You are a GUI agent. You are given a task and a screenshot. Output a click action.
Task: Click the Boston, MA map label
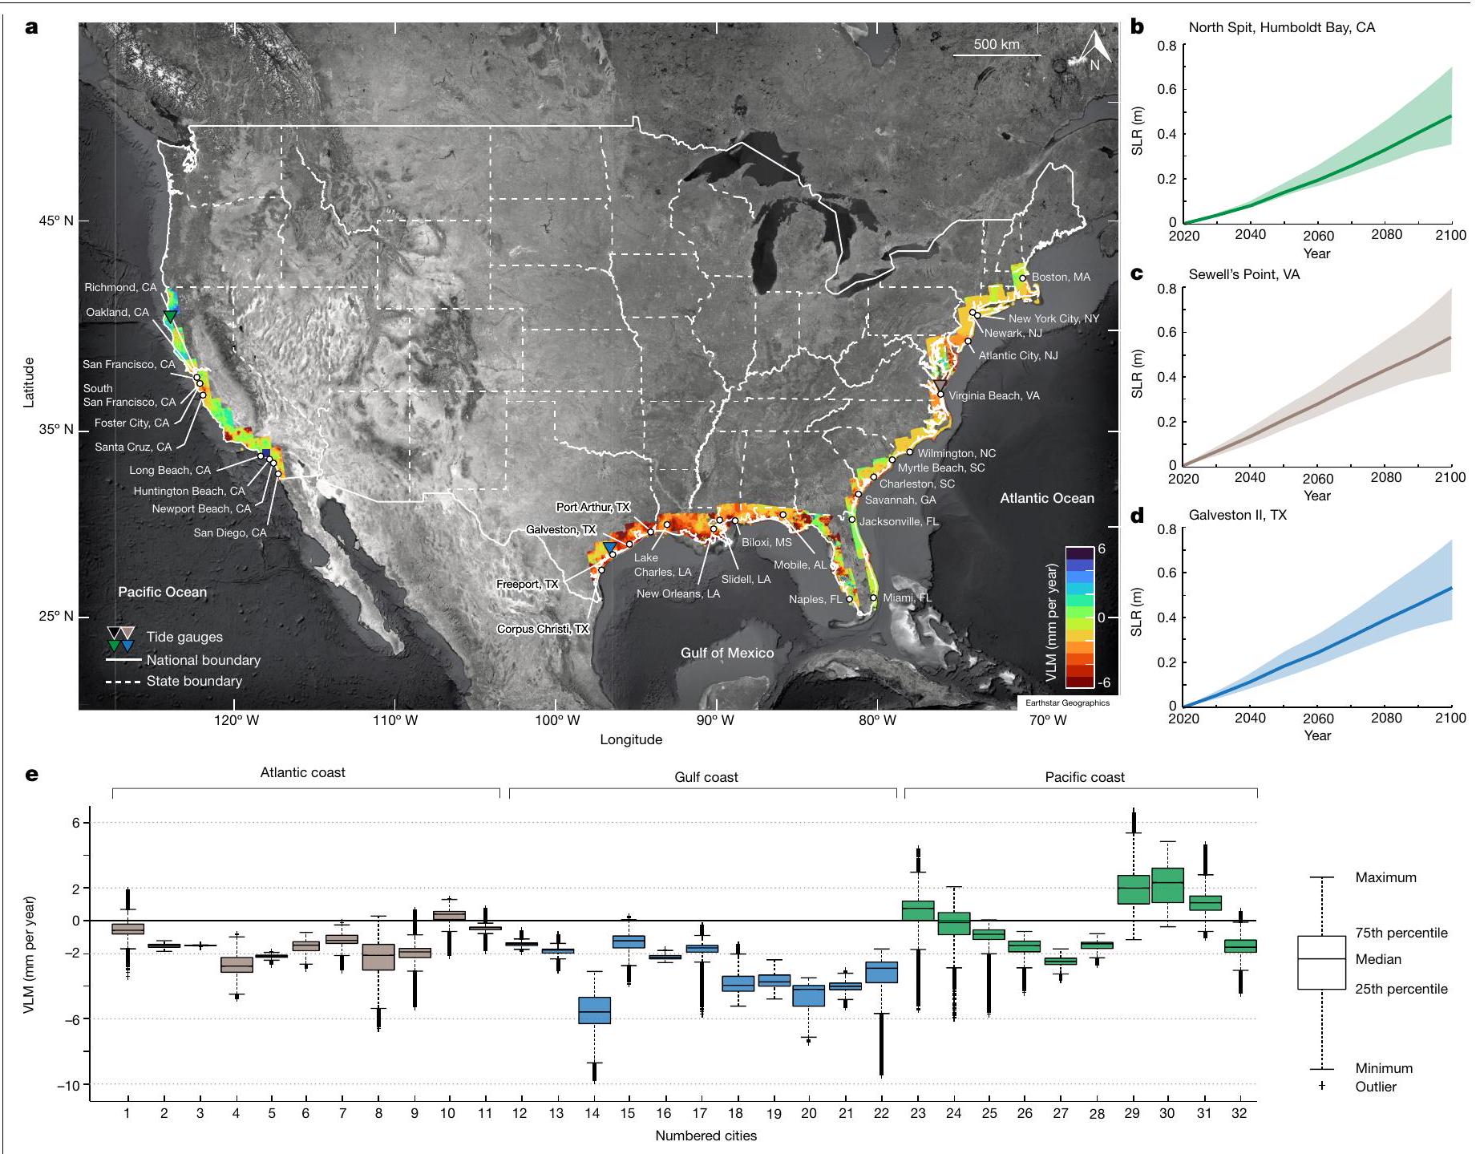(1061, 277)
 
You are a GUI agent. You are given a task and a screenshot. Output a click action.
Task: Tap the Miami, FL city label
(907, 598)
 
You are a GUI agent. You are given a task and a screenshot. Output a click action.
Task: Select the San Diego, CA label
(230, 533)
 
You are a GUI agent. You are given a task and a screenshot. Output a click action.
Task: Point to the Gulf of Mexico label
(727, 653)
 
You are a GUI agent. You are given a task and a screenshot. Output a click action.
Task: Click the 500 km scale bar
(997, 55)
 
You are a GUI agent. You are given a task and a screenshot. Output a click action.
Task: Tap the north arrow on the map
(1096, 49)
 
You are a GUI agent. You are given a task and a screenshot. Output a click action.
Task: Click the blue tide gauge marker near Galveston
(609, 547)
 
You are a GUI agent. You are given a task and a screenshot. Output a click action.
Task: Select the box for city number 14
(594, 1010)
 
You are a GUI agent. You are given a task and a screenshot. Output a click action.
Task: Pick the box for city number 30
(1167, 885)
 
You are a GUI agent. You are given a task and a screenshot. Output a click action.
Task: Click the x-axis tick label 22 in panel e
(881, 1113)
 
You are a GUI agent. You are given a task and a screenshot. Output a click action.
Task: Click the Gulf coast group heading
(706, 777)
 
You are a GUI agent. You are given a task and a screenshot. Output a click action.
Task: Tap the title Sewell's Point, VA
(1243, 274)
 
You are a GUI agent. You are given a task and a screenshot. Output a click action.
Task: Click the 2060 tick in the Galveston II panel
(1318, 719)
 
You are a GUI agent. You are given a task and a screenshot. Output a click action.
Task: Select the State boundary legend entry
(194, 682)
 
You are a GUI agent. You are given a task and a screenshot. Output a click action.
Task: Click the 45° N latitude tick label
(54, 221)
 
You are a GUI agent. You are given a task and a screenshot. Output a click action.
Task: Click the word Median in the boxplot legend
(1378, 959)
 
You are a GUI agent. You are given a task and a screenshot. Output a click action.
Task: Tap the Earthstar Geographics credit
(1067, 703)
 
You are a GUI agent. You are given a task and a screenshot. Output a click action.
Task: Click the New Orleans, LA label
(678, 594)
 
